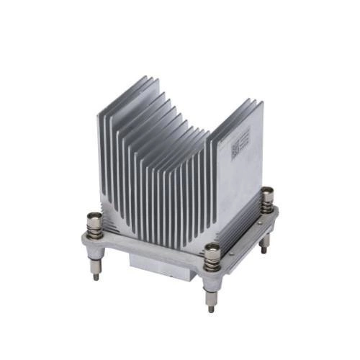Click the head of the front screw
coord(212,249)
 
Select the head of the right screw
coord(267,192)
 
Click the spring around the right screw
coord(267,204)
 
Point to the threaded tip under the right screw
coord(265,246)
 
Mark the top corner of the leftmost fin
coord(99,115)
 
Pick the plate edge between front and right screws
coord(245,248)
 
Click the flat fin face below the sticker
coord(238,187)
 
